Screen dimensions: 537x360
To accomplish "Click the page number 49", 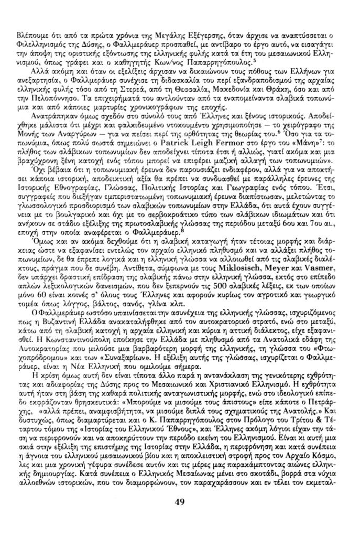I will pos(179,502).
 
